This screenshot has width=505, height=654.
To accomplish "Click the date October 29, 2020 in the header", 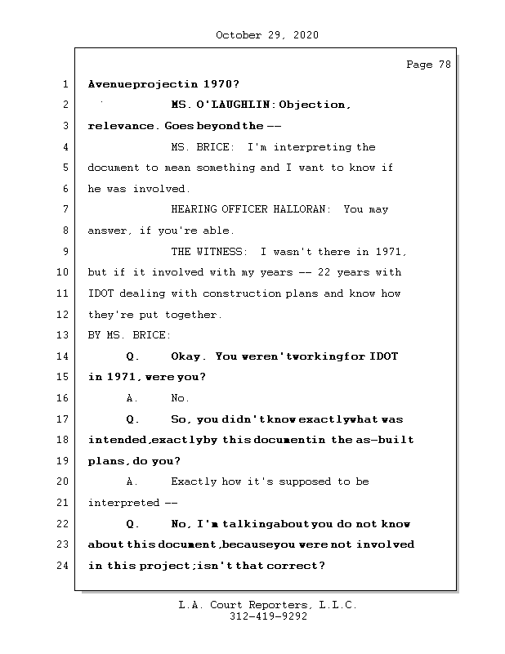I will point(267,35).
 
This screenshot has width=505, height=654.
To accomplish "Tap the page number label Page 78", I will point(428,65).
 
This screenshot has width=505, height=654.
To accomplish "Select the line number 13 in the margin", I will point(63,335).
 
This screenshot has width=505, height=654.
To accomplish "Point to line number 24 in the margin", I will point(63,566).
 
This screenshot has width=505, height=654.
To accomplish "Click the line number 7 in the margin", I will point(63,209).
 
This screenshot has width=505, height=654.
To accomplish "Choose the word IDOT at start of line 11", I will point(101,293).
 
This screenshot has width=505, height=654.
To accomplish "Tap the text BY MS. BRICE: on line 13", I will point(129,335).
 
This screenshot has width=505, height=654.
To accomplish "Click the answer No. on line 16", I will point(180,398).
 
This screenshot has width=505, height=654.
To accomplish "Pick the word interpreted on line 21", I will point(123,503).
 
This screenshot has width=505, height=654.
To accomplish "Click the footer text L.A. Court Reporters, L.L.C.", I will point(268,606).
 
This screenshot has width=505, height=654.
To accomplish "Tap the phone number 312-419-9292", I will point(268,617).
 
